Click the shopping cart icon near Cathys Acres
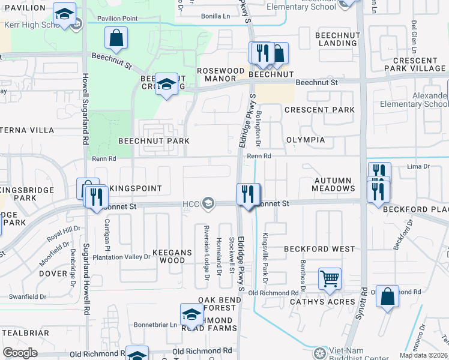coord(330,278)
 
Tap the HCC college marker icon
coord(208,204)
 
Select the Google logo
coord(20,353)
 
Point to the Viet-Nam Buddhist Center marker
coord(321,352)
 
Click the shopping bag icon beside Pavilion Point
coord(116,38)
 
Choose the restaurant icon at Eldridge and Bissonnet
coord(248,194)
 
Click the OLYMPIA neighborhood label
coord(305,140)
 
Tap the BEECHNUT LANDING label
coord(338,40)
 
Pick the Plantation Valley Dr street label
coord(121,257)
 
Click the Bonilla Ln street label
coord(215,16)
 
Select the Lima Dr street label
coord(418,166)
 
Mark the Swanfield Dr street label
coord(28,296)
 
